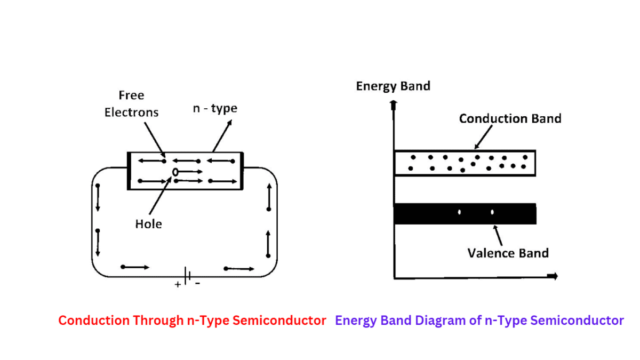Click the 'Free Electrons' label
click(x=131, y=104)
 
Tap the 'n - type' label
click(x=214, y=108)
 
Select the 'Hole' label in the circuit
click(x=148, y=224)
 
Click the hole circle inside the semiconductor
click(x=175, y=172)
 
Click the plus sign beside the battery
click(x=178, y=285)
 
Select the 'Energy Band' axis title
click(x=393, y=86)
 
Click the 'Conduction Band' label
click(x=510, y=118)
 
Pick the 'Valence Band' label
click(x=508, y=252)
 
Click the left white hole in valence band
click(x=459, y=213)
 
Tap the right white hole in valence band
click(x=492, y=213)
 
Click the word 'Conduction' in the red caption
click(x=94, y=321)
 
